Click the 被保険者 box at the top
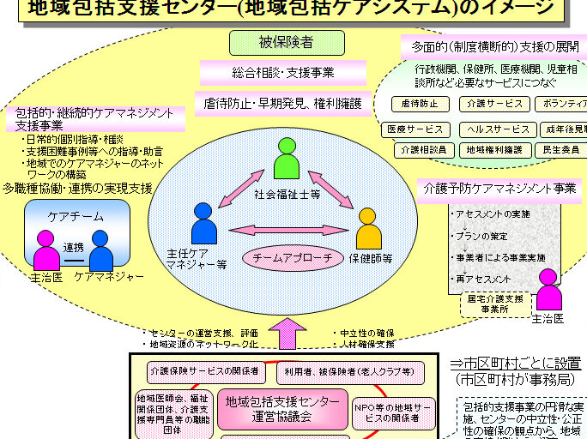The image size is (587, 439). click(287, 43)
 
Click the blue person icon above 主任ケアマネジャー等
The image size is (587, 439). click(204, 224)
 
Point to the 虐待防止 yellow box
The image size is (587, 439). click(420, 104)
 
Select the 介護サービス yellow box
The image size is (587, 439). click(493, 104)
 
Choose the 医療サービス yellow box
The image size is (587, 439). click(415, 129)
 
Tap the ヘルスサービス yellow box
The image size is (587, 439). click(498, 129)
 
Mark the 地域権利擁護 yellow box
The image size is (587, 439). click(494, 150)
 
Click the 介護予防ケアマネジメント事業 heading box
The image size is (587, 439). click(497, 188)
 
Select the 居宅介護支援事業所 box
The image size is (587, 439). click(495, 304)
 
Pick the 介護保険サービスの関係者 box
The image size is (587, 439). click(204, 371)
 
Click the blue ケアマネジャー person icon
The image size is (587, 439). click(101, 250)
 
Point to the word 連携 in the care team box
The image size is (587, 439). click(73, 247)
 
